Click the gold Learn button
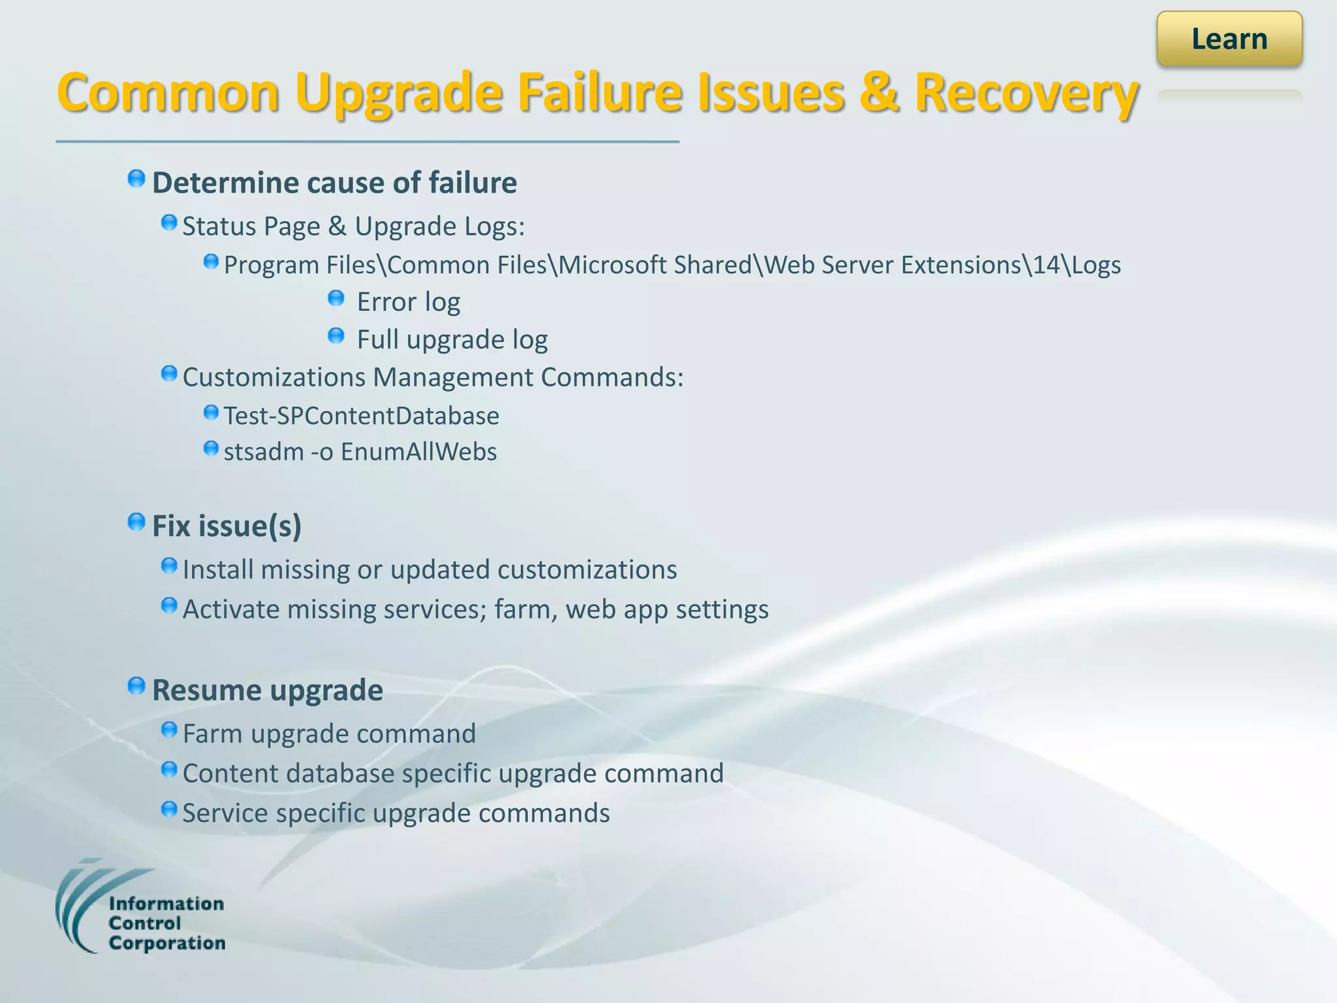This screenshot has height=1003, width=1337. pyautogui.click(x=1229, y=39)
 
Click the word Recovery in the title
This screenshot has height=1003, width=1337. pyautogui.click(x=1026, y=93)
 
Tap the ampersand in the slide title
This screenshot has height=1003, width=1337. pyautogui.click(x=879, y=93)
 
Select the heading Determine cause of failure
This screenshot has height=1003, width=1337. pyautogui.click(x=334, y=183)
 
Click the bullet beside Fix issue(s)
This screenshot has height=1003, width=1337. pyautogui.click(x=136, y=522)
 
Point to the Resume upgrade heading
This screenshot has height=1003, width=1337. pyautogui.click(x=268, y=690)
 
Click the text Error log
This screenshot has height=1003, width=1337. pyautogui.click(x=409, y=302)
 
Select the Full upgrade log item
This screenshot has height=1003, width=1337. pyautogui.click(x=452, y=340)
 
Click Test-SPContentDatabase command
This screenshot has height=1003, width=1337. pyautogui.click(x=361, y=416)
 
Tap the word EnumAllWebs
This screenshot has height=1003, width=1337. pyautogui.click(x=418, y=452)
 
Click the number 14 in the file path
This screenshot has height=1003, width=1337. pyautogui.click(x=1046, y=265)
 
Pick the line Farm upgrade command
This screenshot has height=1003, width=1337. pyautogui.click(x=329, y=734)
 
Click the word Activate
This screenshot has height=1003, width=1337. pyautogui.click(x=231, y=609)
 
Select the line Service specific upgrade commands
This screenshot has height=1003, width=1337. pyautogui.click(x=396, y=814)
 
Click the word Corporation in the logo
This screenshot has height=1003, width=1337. pyautogui.click(x=167, y=944)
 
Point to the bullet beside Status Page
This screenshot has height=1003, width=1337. pyautogui.click(x=169, y=223)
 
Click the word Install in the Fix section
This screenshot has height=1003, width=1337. pyautogui.click(x=218, y=570)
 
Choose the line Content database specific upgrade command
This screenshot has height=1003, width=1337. pyautogui.click(x=453, y=774)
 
